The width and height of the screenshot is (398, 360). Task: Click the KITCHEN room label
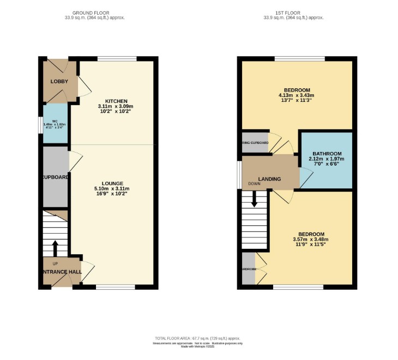point(116,101)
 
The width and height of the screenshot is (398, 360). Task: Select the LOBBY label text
point(59,81)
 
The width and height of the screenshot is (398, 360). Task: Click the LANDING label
point(270,179)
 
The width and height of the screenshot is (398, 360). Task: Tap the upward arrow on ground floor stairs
point(55,248)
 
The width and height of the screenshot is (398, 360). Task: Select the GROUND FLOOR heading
point(91,13)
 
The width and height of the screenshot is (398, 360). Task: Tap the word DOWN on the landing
point(254,184)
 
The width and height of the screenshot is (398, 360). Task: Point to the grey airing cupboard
point(255,143)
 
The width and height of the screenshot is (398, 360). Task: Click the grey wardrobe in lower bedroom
point(249,268)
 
